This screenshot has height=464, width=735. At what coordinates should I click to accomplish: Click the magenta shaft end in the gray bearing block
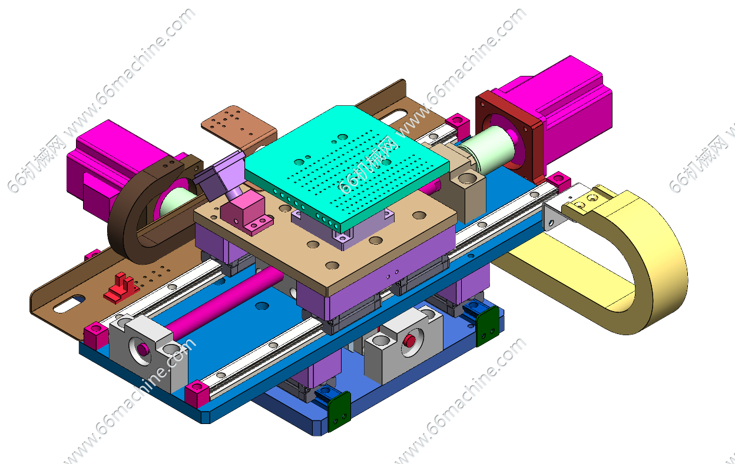[x=143, y=349]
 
